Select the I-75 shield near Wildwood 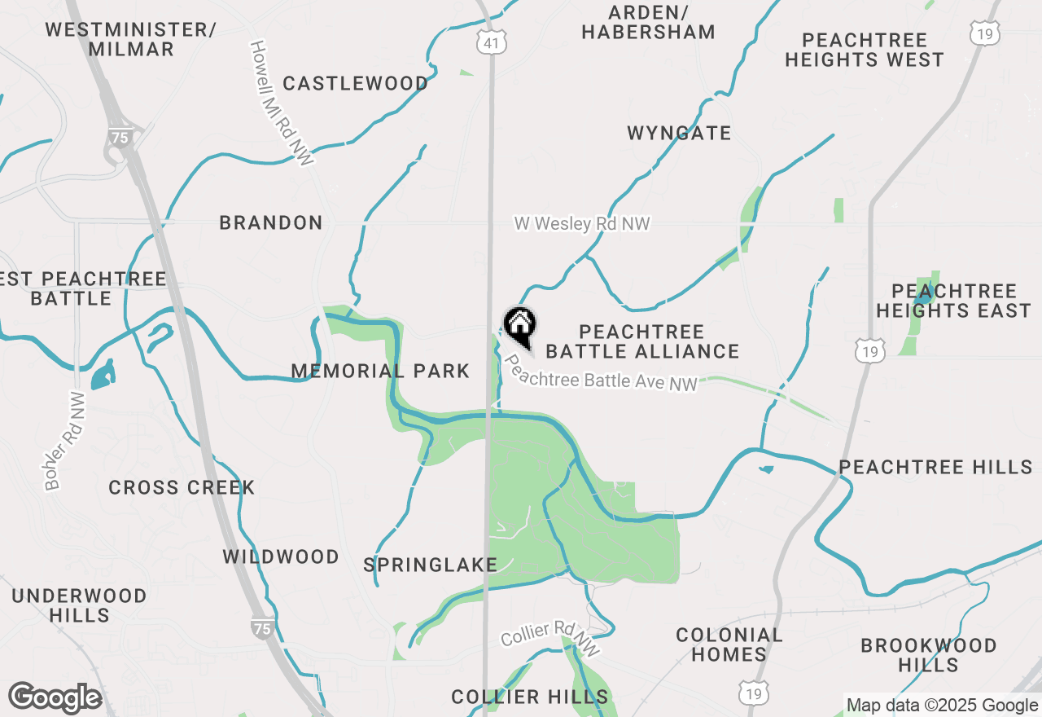click(x=262, y=627)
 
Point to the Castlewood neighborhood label click(x=356, y=84)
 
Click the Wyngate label click(x=679, y=133)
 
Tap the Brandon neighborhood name click(x=271, y=222)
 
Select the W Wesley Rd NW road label click(x=582, y=223)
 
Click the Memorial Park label click(x=380, y=372)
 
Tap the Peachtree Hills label click(x=935, y=467)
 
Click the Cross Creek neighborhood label click(x=182, y=487)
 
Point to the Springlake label click(x=430, y=565)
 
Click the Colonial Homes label click(x=729, y=644)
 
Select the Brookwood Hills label click(x=928, y=655)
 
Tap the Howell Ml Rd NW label click(x=281, y=104)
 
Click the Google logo click(x=55, y=697)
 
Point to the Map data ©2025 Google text click(x=942, y=706)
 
